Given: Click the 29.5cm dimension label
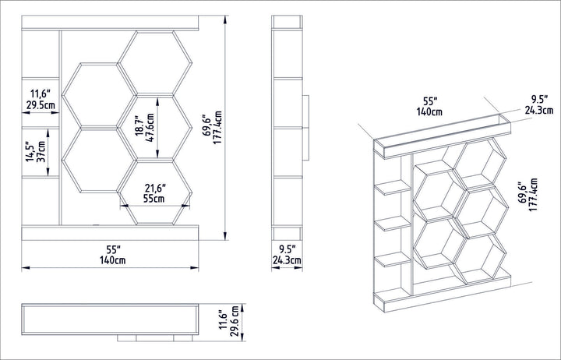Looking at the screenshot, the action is coord(41,105).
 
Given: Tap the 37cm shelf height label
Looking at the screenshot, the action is coord(41,152).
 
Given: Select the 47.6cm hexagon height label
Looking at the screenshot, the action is coord(150,128).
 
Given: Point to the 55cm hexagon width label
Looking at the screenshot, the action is coord(154,198).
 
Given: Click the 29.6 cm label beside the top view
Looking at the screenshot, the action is coord(235,321).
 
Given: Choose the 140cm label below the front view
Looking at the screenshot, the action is coord(113,260).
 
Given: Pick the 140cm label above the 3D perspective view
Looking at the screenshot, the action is coord(429,111).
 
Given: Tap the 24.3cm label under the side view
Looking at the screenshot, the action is coord(287,260).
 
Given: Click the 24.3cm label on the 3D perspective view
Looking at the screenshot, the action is coord(539,110).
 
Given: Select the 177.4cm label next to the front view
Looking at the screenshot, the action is coord(217,128).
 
